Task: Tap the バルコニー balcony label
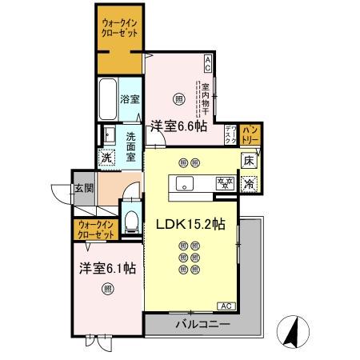[x=203, y=325]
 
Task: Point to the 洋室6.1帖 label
[x=106, y=268]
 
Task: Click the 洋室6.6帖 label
[x=178, y=126]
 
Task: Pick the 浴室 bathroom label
[x=129, y=101]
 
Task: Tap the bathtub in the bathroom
[x=108, y=99]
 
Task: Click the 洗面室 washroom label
[x=130, y=146]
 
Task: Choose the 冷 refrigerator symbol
[x=249, y=182]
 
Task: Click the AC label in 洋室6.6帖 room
[x=207, y=60]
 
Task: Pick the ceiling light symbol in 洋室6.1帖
[x=107, y=290]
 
